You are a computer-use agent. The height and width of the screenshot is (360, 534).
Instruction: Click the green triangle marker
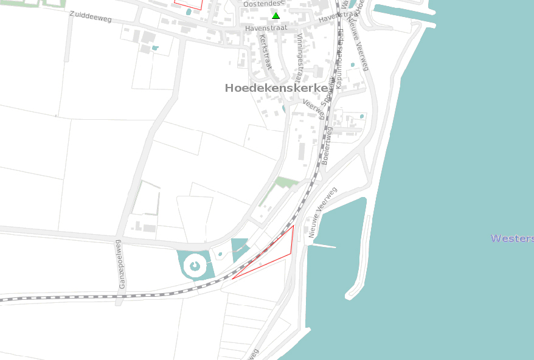276,16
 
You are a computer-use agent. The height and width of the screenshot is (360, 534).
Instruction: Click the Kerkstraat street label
265,52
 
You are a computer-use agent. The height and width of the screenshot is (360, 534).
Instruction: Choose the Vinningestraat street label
300,58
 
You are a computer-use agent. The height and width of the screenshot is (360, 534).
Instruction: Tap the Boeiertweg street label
328,145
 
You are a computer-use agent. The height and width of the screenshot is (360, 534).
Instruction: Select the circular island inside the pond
195,265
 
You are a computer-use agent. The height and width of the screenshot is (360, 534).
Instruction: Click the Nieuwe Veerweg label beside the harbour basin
322,212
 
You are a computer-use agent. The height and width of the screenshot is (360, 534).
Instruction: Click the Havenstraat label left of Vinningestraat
265,29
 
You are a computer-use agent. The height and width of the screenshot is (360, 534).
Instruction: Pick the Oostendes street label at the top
263,4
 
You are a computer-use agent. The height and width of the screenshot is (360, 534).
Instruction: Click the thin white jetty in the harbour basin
324,246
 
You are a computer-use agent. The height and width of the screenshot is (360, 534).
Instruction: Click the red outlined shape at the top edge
188,3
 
